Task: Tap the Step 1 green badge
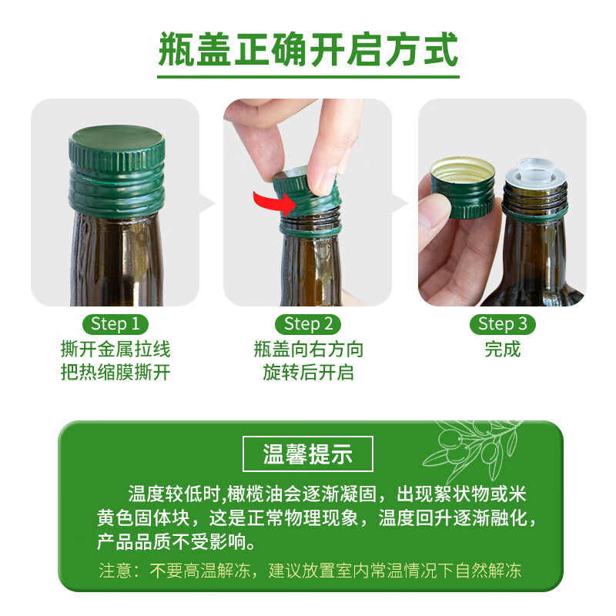[115, 323]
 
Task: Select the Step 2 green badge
[308, 323]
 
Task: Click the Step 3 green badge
[502, 323]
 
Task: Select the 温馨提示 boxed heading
[308, 454]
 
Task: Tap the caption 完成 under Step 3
[502, 350]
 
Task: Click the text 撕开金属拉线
[115, 350]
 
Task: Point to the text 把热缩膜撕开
[115, 373]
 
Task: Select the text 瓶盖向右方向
[308, 350]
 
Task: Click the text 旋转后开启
[308, 373]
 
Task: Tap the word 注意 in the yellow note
[114, 571]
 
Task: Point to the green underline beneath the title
[308, 76]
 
